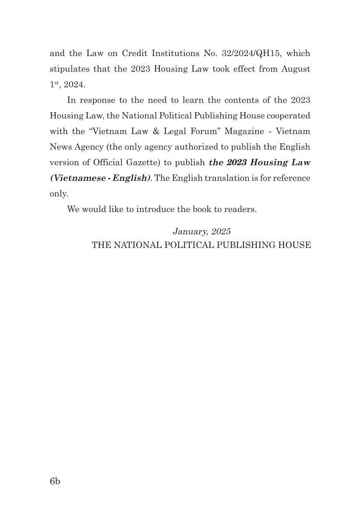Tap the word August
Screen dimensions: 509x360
tap(296, 69)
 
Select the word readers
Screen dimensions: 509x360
tap(240, 209)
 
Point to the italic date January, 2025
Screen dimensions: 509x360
tap(201, 231)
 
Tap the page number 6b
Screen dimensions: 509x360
tap(55, 481)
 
